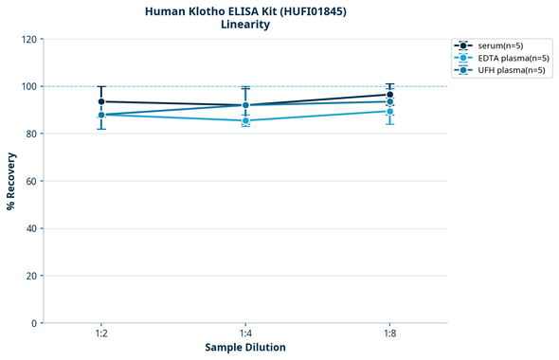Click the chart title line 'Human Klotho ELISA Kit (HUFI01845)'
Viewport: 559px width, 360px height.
pos(245,11)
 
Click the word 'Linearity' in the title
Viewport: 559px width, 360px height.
pos(245,25)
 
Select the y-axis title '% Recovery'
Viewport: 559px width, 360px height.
pos(11,181)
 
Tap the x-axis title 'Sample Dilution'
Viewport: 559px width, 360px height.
pos(245,348)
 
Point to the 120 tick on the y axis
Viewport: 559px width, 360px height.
pos(28,39)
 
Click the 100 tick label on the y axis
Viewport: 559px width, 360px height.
pos(28,86)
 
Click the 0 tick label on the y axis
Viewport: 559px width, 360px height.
pos(34,323)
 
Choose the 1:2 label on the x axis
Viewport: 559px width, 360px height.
pos(101,333)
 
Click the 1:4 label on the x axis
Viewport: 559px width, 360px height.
pos(245,333)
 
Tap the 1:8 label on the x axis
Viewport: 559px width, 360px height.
pos(389,333)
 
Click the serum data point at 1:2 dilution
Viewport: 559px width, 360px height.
pos(101,101)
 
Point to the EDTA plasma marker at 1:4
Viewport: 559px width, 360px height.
pos(245,120)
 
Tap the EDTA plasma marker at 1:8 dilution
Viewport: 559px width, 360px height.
pos(389,111)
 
